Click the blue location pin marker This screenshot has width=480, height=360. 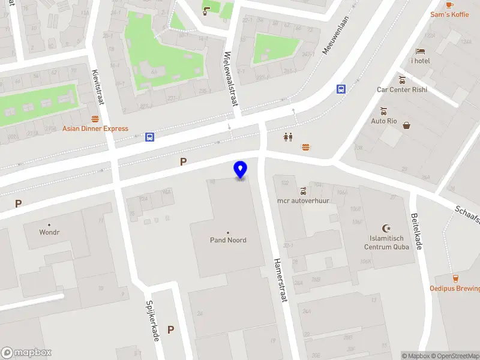(x=241, y=170)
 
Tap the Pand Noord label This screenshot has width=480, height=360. (x=228, y=240)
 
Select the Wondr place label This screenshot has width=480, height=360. (x=49, y=232)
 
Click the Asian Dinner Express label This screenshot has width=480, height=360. (x=95, y=128)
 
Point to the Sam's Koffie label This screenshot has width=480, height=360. (x=449, y=14)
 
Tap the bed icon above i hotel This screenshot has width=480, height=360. (x=420, y=51)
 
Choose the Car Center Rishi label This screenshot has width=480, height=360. (x=402, y=89)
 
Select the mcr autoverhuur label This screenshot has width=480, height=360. (x=303, y=200)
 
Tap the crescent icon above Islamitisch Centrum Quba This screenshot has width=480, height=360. (x=387, y=228)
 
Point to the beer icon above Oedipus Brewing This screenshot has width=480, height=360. (x=455, y=278)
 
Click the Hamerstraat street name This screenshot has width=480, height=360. (x=280, y=280)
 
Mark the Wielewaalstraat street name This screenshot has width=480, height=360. (x=230, y=78)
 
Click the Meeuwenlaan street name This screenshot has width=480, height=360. (x=335, y=35)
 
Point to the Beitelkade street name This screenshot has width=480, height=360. (x=418, y=233)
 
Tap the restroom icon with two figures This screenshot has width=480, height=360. (x=288, y=137)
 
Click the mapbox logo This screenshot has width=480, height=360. (x=26, y=353)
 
